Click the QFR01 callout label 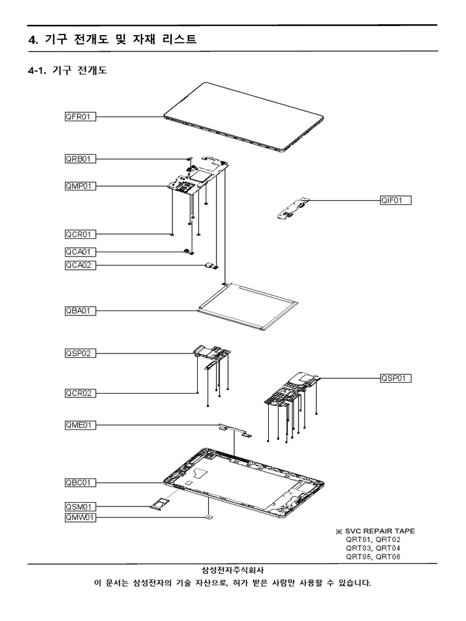coord(80,116)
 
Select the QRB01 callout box coord(80,159)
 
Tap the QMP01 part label coord(80,186)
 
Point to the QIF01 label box coord(396,200)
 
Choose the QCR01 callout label coord(80,234)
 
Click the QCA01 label coord(80,252)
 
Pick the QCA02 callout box coord(80,265)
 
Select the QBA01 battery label coord(80,311)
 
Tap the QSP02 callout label coord(80,353)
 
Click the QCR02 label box coord(80,394)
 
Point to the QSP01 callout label coord(396,378)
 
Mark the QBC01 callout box coord(80,483)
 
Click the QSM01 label coord(80,506)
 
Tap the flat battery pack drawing coord(249,307)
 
